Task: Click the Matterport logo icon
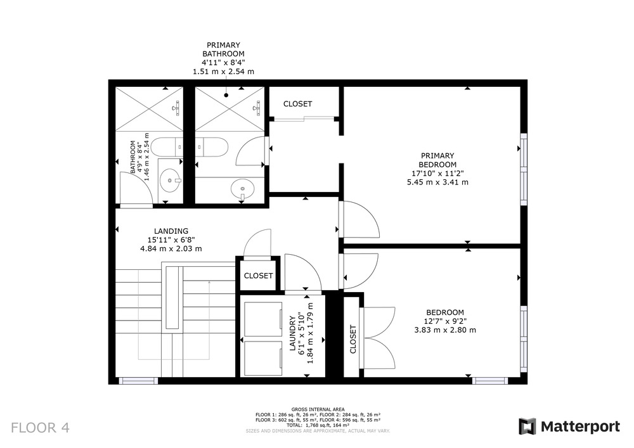point(527,426)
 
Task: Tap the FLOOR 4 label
point(40,428)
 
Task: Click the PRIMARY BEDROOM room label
point(437,160)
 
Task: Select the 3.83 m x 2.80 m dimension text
point(445,330)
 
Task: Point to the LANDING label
point(171,231)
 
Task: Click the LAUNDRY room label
point(293,333)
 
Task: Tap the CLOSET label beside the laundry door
point(259,276)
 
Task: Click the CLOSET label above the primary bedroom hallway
point(297,104)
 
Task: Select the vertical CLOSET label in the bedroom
point(353,340)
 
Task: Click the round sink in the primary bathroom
point(243,188)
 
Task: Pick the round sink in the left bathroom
point(170,180)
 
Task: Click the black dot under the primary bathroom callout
point(226,95)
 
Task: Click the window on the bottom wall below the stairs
point(138,381)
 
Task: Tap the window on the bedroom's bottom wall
point(489,381)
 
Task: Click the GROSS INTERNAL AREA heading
point(318,409)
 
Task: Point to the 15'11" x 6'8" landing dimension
point(171,240)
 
